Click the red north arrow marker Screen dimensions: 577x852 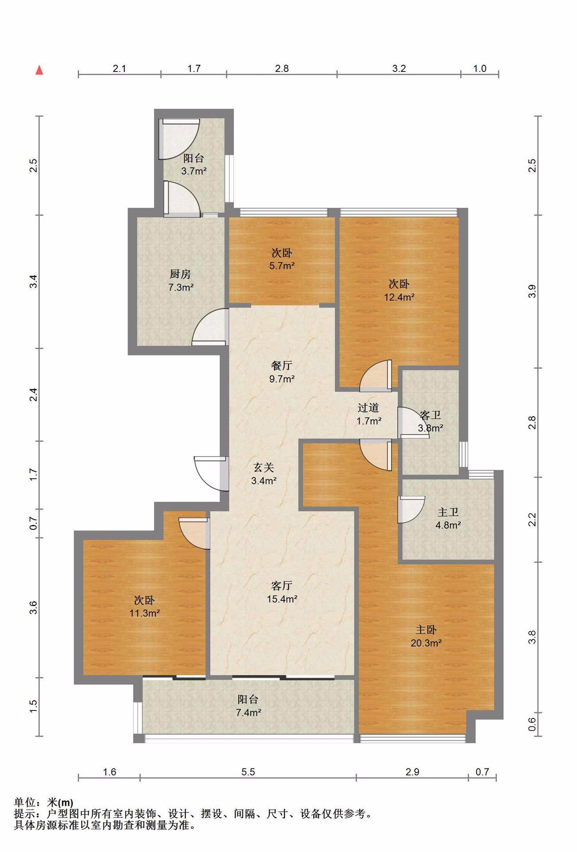click(x=40, y=70)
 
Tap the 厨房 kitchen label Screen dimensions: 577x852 click(x=180, y=274)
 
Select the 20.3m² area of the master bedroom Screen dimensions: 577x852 click(x=426, y=643)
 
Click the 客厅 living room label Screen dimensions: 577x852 click(x=282, y=586)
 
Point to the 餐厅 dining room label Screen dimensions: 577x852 click(x=282, y=366)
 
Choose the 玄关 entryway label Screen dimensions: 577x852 click(x=264, y=467)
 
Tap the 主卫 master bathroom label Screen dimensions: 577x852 click(x=448, y=513)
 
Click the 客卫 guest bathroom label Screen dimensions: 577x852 click(x=430, y=415)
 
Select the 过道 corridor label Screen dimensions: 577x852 click(x=368, y=407)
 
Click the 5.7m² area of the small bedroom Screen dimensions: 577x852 click(x=282, y=266)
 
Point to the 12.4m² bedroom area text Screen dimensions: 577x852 click(x=399, y=297)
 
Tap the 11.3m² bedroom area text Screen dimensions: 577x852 click(x=144, y=613)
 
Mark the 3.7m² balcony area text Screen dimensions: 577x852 click(x=194, y=171)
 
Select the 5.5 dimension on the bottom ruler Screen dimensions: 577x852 click(x=248, y=772)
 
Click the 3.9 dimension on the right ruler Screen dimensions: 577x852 click(x=533, y=291)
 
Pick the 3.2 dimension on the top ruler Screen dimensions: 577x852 click(x=399, y=68)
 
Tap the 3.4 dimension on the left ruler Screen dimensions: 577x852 click(x=34, y=282)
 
